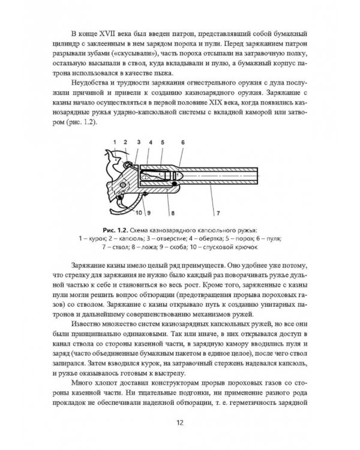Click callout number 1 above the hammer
point(113,142)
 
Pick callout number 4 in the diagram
point(150,142)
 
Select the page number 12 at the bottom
point(179,424)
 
